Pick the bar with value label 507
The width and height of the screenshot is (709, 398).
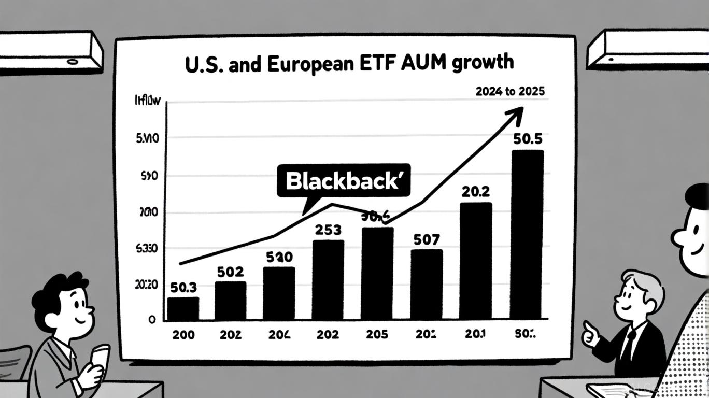tap(427, 284)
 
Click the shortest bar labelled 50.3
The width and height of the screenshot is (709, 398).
tap(183, 308)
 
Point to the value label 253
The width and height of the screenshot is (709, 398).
tap(328, 229)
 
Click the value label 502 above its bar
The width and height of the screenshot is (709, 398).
tap(230, 272)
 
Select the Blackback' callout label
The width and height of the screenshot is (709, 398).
tap(344, 180)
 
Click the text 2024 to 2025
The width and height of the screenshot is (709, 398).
tap(509, 92)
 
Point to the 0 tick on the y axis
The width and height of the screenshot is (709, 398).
tap(152, 320)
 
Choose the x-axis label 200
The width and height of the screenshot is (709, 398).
tap(183, 335)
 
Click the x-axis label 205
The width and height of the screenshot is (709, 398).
tap(377, 335)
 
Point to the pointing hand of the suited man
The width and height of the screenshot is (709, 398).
tap(590, 335)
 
